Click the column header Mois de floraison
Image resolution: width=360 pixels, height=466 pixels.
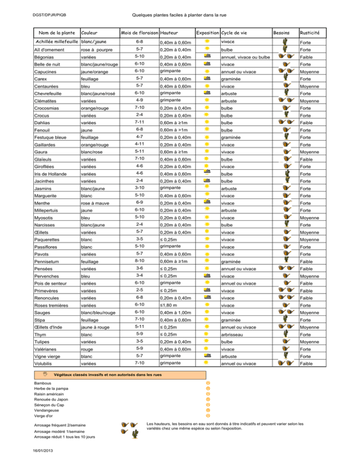click(x=139, y=33)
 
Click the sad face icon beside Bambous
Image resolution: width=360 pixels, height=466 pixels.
click(x=208, y=383)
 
